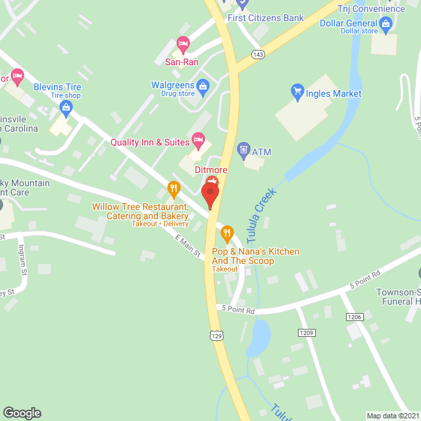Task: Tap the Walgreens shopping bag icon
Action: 204,86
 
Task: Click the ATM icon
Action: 243,150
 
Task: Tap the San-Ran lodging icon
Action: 184,43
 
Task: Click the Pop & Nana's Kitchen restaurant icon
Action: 227,232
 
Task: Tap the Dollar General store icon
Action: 386,26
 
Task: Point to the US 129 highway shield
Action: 216,335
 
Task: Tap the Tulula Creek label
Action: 262,214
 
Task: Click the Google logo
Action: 22,412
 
